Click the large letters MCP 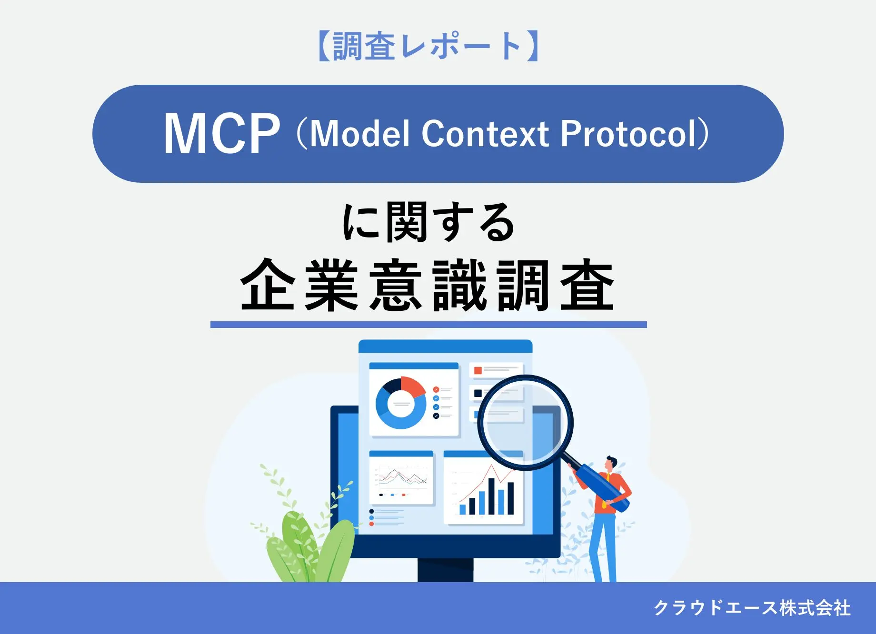pos(221,134)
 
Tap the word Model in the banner pos(359,134)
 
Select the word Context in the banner pos(485,134)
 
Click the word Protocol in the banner pos(628,134)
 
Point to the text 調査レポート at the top pos(428,46)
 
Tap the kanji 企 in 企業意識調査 pos(267,286)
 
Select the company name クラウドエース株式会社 pos(752,608)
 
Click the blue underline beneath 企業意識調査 pos(428,325)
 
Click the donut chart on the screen pos(401,404)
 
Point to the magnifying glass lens pos(525,421)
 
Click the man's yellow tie pos(606,490)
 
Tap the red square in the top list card pos(478,370)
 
